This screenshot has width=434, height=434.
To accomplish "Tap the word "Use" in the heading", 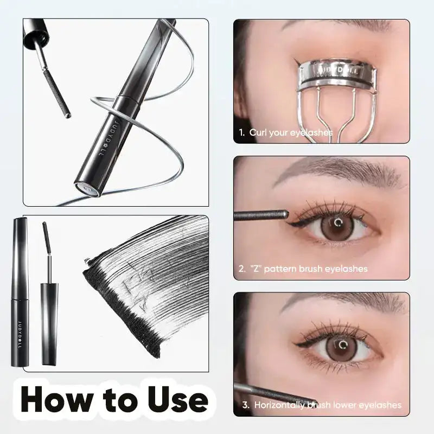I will click(174, 400).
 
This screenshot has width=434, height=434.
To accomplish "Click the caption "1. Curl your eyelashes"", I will click(285, 132).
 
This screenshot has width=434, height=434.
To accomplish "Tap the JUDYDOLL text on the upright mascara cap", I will click(20, 325).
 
